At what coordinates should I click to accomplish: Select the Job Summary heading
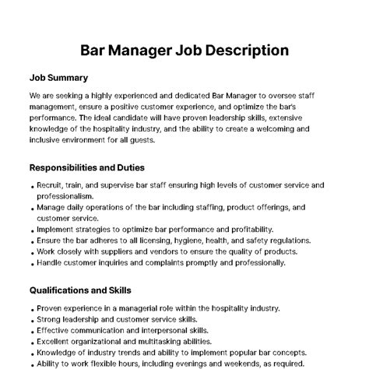point(58,78)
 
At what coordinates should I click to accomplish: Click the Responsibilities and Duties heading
point(86,167)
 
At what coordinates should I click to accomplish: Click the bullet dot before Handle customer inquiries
point(32,264)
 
